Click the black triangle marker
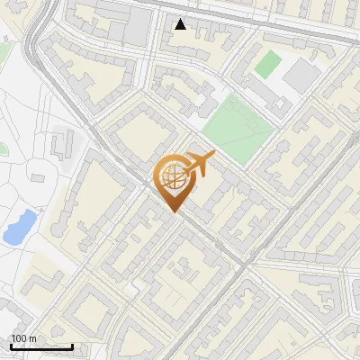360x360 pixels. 181,24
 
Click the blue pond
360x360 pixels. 19,227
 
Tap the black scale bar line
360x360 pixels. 41,346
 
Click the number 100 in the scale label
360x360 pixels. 18,338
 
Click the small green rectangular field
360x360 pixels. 268,64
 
